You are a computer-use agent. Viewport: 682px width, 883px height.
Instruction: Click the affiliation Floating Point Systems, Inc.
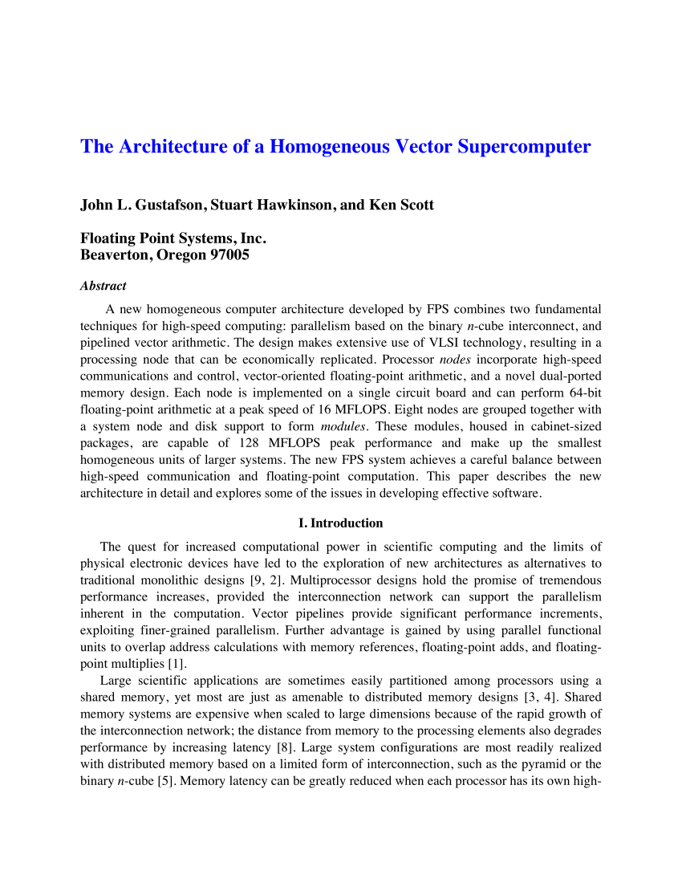[x=173, y=238]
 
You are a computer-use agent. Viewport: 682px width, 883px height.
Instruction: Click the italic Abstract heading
[x=103, y=286]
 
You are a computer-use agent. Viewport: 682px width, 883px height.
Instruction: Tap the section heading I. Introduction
[x=340, y=523]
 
